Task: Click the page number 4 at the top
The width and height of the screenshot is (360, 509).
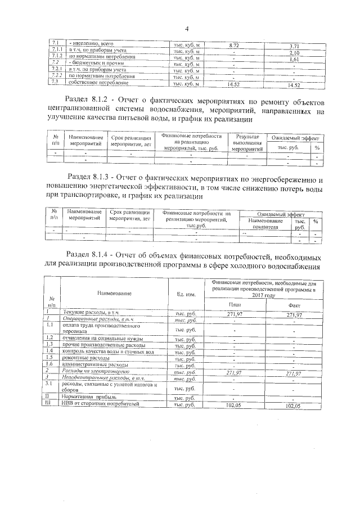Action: coord(186,29)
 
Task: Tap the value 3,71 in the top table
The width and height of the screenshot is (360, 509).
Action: coord(293,46)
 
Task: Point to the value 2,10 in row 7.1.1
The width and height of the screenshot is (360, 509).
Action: coord(293,52)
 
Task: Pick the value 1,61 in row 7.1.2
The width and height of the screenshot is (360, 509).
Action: coord(293,59)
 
